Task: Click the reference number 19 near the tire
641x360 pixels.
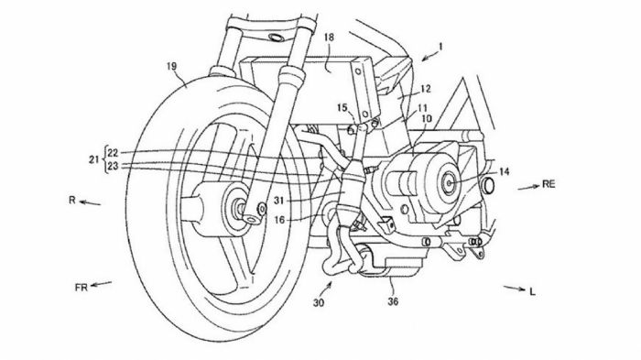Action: point(171,66)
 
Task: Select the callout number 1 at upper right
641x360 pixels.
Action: point(440,46)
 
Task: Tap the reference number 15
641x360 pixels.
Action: point(343,108)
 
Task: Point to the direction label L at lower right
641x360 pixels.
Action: point(531,291)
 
